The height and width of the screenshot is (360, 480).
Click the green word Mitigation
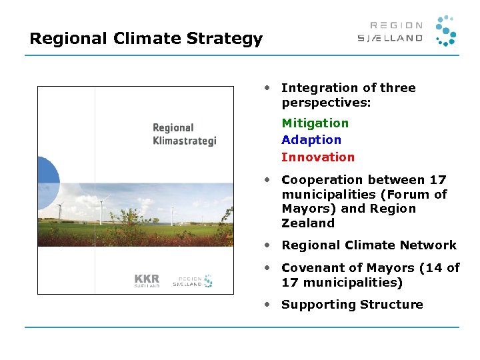[315, 123]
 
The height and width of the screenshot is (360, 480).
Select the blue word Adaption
[311, 140]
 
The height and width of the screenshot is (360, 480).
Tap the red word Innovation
[318, 157]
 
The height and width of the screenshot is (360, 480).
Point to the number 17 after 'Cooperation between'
[438, 180]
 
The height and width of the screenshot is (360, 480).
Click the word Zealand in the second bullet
[308, 223]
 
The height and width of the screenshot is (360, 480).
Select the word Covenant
[312, 268]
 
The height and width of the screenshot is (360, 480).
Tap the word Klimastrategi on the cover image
[185, 141]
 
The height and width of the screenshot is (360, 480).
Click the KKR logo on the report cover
[147, 279]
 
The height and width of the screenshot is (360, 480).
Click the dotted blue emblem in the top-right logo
[445, 31]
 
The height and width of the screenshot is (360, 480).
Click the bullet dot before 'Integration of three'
[267, 87]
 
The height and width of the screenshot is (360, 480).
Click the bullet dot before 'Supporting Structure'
[267, 304]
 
